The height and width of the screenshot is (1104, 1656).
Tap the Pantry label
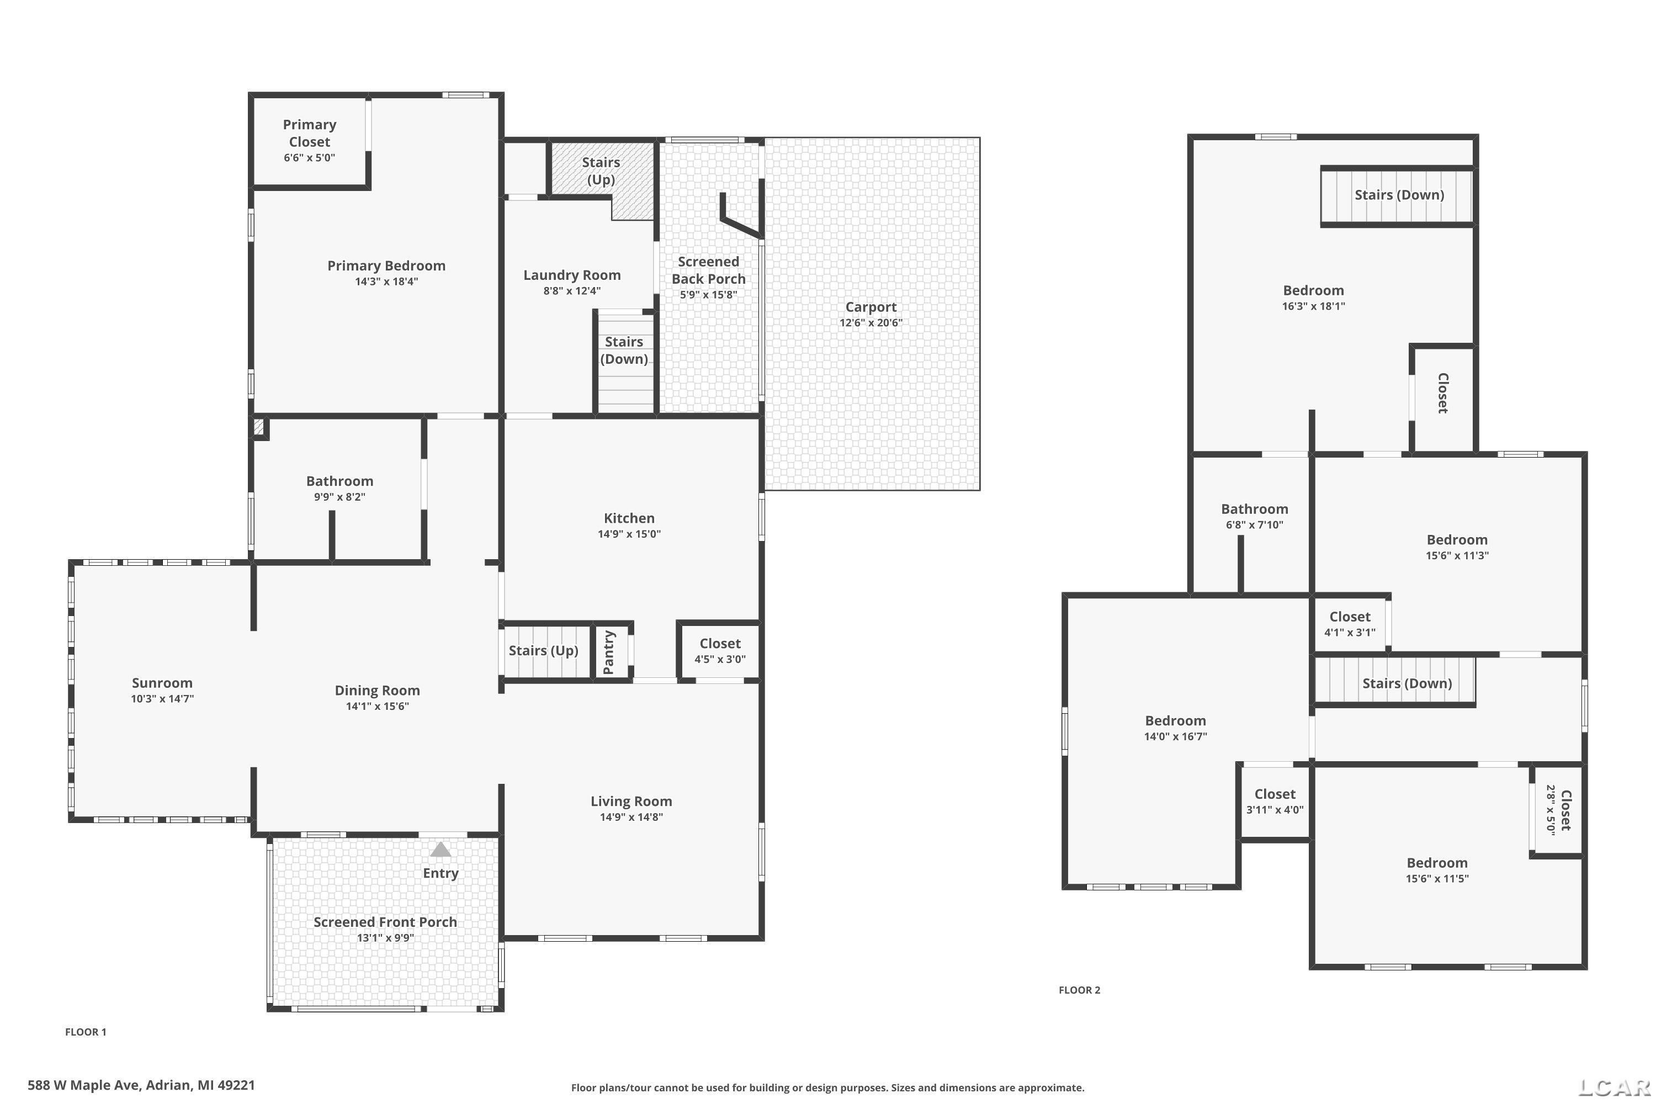pyautogui.click(x=609, y=652)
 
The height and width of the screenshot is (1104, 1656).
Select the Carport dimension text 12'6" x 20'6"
pyautogui.click(x=871, y=323)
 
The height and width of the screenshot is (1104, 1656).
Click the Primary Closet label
pyautogui.click(x=310, y=133)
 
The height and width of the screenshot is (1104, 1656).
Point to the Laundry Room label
pyautogui.click(x=572, y=275)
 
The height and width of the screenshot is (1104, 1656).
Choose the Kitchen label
pyautogui.click(x=629, y=518)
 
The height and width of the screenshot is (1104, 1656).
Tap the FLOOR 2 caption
pyautogui.click(x=1079, y=990)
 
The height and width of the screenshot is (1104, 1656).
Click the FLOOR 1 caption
pyautogui.click(x=86, y=1032)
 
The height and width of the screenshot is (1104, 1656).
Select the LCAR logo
pyautogui.click(x=1615, y=1088)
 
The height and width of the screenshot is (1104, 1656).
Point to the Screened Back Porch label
pyautogui.click(x=708, y=270)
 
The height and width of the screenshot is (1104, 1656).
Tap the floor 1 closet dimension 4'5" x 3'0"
pyautogui.click(x=720, y=660)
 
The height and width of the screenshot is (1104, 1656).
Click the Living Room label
pyautogui.click(x=631, y=802)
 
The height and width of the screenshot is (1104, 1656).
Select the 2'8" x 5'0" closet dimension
pyautogui.click(x=1551, y=810)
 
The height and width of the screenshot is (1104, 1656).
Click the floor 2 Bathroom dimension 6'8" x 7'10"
pyautogui.click(x=1255, y=524)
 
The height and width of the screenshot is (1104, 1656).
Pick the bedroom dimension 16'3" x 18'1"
pyautogui.click(x=1314, y=306)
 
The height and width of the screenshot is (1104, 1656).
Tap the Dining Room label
pyautogui.click(x=378, y=691)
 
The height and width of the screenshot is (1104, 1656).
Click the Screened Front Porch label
pyautogui.click(x=385, y=922)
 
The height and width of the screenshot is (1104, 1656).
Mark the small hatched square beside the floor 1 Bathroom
pyautogui.click(x=258, y=427)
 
